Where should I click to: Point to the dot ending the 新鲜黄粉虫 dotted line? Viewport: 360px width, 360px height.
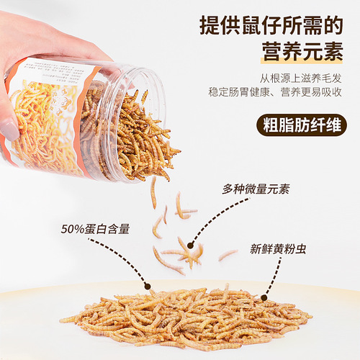(x=264, y=296)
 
